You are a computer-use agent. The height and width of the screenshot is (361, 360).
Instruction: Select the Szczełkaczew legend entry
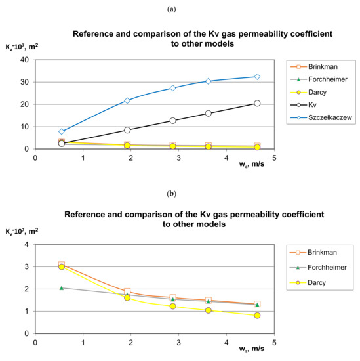tap(326, 120)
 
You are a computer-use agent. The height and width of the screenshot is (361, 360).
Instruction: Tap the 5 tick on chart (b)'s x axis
tap(274, 343)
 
